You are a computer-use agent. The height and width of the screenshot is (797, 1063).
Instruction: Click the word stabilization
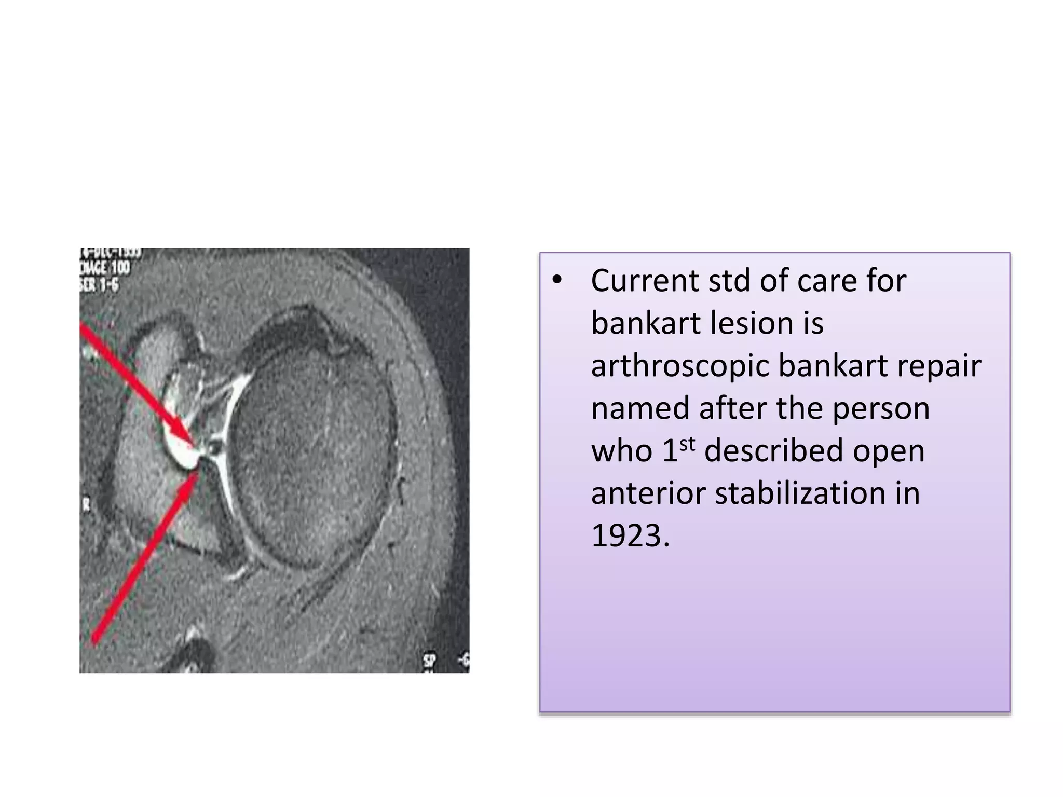800,493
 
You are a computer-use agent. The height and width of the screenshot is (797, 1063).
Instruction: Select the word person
881,408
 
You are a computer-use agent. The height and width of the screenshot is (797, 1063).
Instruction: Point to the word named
639,408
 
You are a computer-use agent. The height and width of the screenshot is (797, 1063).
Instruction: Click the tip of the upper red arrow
193,445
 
